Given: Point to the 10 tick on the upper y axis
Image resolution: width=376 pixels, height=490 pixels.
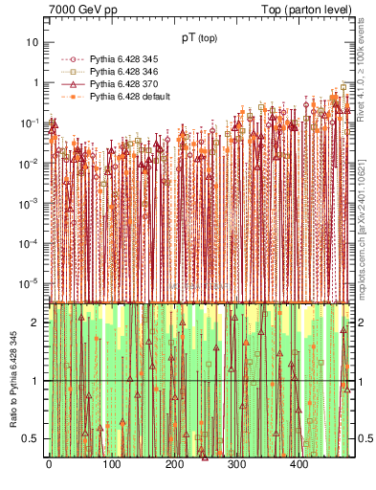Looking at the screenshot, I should [x=33, y=43].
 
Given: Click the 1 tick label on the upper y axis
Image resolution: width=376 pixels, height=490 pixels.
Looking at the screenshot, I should [x=35, y=83].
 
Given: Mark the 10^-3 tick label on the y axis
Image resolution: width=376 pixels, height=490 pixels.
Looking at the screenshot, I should [x=31, y=204].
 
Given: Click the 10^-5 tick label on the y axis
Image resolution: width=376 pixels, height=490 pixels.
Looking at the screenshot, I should [x=31, y=283].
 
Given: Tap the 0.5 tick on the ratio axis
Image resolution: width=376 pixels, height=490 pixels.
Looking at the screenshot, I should [x=31, y=438].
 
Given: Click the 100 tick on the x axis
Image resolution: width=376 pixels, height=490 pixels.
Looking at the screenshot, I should [x=110, y=465].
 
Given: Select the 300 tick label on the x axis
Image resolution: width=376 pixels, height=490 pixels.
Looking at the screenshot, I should [x=235, y=465].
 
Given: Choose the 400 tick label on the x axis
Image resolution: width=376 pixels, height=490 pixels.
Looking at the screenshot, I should [x=299, y=465].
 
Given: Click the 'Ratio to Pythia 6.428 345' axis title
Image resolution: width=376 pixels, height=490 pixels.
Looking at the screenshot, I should [x=12, y=379].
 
